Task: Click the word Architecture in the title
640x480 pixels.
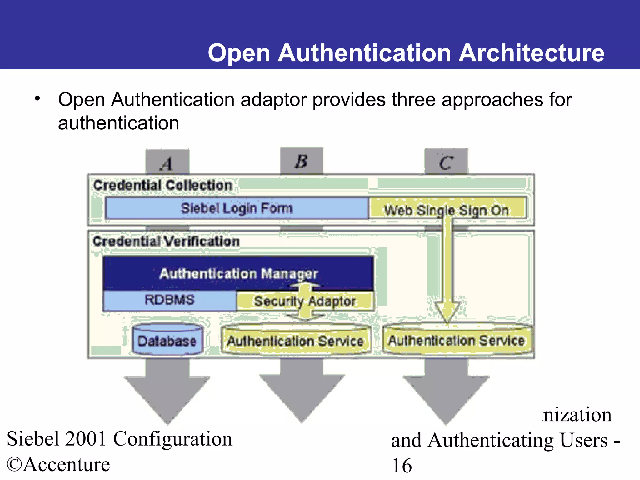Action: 531,53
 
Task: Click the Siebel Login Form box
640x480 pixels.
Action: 237,208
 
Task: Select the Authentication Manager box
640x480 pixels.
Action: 238,273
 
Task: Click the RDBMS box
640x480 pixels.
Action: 169,300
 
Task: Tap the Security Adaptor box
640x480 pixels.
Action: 305,301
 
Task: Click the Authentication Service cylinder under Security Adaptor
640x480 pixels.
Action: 295,341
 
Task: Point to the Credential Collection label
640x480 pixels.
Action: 162,185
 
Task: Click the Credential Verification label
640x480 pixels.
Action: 166,241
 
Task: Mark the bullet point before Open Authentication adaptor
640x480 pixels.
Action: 37,99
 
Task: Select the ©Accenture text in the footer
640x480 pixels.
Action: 58,464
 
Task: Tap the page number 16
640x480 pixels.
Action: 402,466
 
